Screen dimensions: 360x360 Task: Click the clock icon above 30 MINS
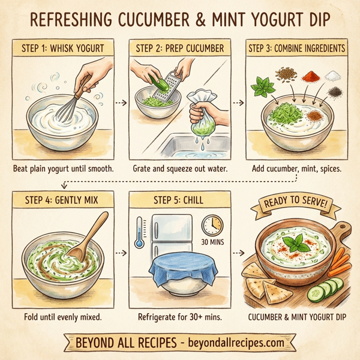point(212,226)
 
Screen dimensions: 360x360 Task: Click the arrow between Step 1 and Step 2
point(121,102)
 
